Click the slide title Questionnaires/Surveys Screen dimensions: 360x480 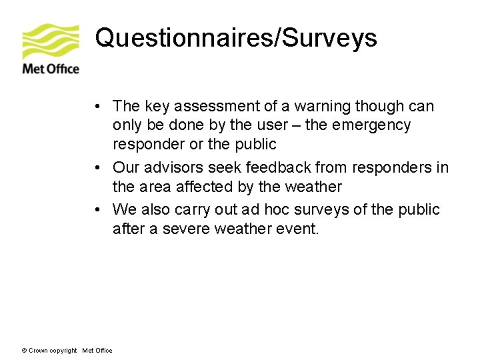click(x=236, y=38)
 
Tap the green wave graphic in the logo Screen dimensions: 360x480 click(x=51, y=41)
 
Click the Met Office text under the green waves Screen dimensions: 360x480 click(x=51, y=69)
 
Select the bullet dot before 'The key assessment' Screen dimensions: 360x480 click(x=97, y=107)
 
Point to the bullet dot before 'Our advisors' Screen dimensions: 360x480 click(x=97, y=167)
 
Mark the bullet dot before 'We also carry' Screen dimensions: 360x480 click(x=97, y=210)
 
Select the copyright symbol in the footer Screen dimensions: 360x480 click(x=25, y=351)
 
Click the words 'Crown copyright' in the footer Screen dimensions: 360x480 click(x=53, y=351)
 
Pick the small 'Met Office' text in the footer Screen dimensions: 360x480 click(x=97, y=351)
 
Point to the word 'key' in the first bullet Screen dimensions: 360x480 click(x=154, y=107)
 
